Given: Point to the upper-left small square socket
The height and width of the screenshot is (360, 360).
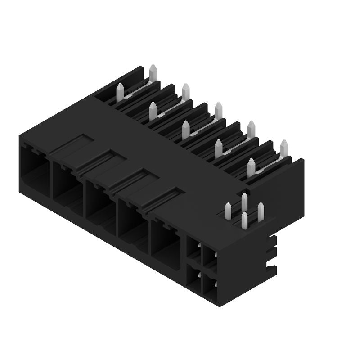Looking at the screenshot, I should pyautogui.click(x=193, y=249).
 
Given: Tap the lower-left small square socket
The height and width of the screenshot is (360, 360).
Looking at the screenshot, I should pyautogui.click(x=193, y=274).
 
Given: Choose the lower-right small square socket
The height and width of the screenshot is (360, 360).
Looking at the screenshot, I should pyautogui.click(x=209, y=284).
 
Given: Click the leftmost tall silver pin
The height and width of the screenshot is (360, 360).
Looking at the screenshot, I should pyautogui.click(x=120, y=92).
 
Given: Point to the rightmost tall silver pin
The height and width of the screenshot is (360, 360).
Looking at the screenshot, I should pyautogui.click(x=284, y=148).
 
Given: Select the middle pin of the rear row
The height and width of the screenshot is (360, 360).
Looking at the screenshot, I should pyautogui.click(x=219, y=111).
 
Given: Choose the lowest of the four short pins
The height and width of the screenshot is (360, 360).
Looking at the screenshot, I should pyautogui.click(x=244, y=220).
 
